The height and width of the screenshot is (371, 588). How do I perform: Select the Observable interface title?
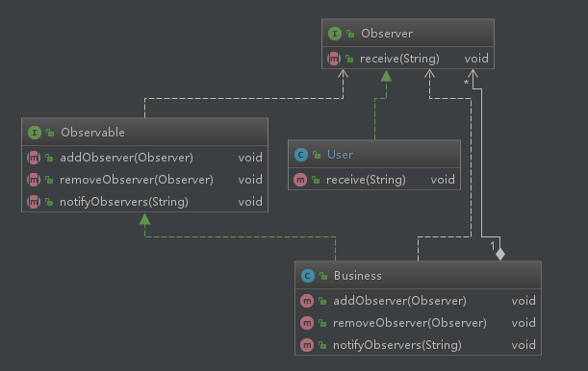point(92,132)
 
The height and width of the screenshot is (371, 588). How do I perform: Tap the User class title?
point(340,154)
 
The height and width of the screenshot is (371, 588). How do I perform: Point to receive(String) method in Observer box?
point(399,59)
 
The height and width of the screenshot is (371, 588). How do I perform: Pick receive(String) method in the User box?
point(366,180)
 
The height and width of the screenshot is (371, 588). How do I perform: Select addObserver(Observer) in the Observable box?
point(127,157)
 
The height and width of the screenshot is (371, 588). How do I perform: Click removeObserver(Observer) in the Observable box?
point(136,180)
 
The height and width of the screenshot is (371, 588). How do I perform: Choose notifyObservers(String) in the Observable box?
point(124,202)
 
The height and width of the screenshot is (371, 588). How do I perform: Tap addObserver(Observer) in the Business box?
point(398,300)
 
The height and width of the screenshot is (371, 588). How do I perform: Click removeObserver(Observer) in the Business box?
point(408,323)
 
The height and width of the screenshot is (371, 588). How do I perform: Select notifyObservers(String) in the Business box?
point(396,345)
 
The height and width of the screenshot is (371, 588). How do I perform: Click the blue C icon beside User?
point(301,154)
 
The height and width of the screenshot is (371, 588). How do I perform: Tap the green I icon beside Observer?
point(334,34)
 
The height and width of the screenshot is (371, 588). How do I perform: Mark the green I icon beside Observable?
point(34,132)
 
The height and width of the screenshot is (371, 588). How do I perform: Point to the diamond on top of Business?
point(499,253)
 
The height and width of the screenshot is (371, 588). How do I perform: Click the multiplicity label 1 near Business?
point(492,248)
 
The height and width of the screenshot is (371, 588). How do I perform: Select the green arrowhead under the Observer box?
point(385,76)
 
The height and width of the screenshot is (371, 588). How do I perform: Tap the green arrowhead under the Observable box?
point(143,219)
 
